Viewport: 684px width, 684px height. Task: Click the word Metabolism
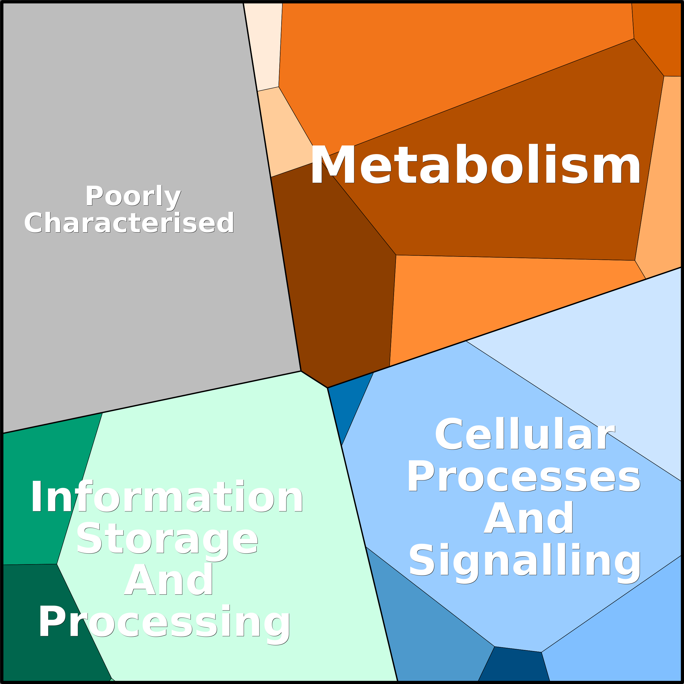coord(475,165)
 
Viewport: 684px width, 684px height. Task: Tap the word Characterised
coord(129,223)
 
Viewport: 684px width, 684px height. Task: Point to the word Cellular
coord(524,434)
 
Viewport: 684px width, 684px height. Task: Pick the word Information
coord(167,497)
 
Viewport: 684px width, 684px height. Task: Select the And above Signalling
coord(528,518)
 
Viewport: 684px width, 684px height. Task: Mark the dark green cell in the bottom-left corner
coord(46,623)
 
